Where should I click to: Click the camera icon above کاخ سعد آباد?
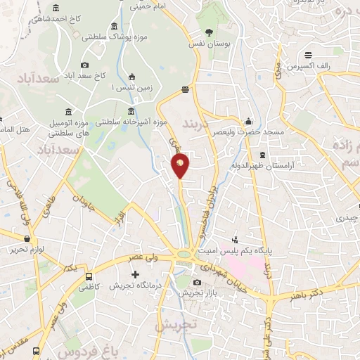point(85,65)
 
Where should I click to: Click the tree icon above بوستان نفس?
point(209,32)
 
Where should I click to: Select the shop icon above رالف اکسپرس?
point(308,55)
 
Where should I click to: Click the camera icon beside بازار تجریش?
point(196,283)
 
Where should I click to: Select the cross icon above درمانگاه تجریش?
point(136,273)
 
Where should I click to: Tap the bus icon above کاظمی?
point(89,276)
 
